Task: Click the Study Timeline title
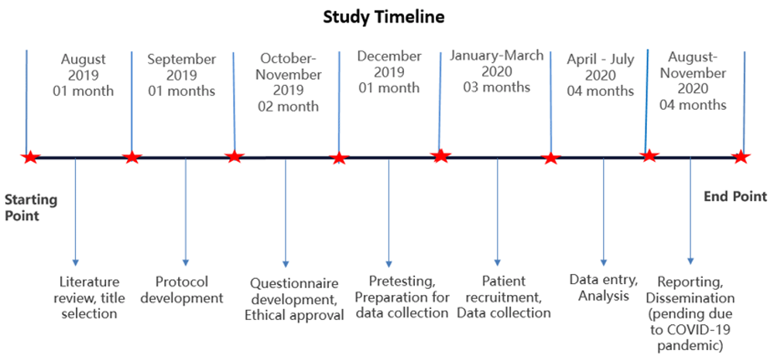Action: click(x=384, y=17)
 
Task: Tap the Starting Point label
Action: click(x=31, y=208)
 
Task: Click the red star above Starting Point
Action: click(x=31, y=157)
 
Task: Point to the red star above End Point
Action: click(x=741, y=157)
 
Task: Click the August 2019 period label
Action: click(x=84, y=76)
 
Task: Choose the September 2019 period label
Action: click(x=181, y=76)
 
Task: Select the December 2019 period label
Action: click(x=389, y=72)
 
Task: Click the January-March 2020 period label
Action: click(x=497, y=71)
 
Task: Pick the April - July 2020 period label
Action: click(x=601, y=76)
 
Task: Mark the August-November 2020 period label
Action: click(x=694, y=83)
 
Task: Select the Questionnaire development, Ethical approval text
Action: click(x=294, y=300)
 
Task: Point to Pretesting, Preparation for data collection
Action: click(x=402, y=297)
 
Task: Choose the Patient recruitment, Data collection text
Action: click(x=504, y=297)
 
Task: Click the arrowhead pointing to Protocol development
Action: click(x=186, y=262)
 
